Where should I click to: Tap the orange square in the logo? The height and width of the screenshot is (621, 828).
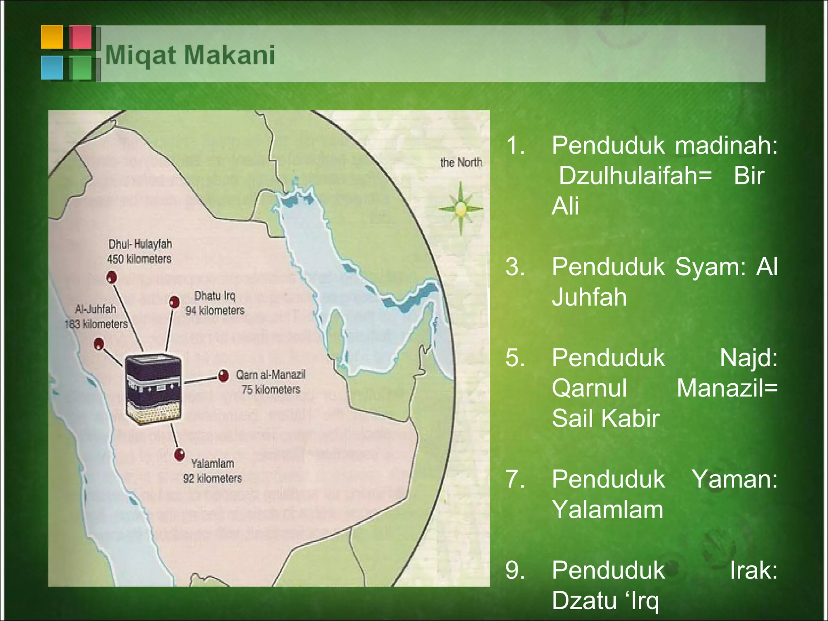tap(52, 37)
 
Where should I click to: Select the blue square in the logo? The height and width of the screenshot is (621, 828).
tap(52, 67)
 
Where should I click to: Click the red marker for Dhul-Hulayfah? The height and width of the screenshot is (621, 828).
tap(112, 277)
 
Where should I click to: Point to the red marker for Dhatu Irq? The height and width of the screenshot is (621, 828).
tap(174, 302)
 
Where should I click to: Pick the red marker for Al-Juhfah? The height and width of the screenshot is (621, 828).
tap(99, 344)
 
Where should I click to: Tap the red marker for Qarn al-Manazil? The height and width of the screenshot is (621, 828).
tap(223, 376)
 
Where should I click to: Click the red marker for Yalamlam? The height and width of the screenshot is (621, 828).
tap(179, 454)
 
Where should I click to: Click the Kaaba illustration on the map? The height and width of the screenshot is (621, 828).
tap(152, 389)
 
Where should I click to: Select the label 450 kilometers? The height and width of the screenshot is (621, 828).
tap(139, 259)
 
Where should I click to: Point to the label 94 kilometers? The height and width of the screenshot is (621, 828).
tap(215, 310)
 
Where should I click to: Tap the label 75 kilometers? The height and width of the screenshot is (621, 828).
tap(271, 389)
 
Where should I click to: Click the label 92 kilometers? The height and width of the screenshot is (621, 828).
tap(212, 478)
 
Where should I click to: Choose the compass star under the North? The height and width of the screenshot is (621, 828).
tap(460, 209)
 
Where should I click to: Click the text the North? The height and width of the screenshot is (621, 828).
tap(461, 163)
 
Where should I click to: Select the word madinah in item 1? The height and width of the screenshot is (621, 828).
tap(726, 146)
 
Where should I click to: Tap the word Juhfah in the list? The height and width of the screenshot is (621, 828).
tap(589, 297)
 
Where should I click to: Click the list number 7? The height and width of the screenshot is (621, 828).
tap(515, 479)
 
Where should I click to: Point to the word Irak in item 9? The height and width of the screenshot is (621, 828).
tap(753, 570)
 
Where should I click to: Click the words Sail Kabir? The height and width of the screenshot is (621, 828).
tap(605, 418)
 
